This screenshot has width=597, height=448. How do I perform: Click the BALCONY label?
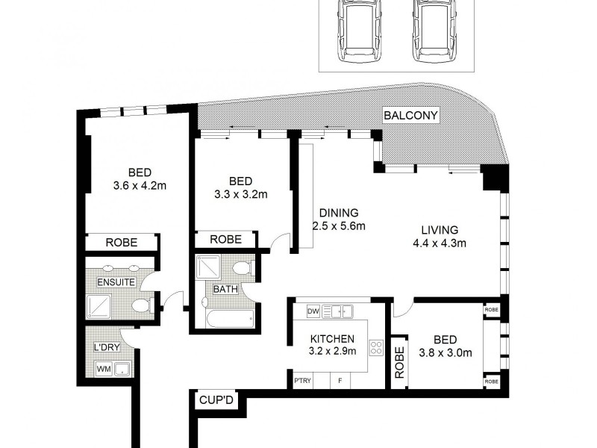[x=410, y=116]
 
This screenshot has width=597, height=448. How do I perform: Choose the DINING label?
[x=340, y=212]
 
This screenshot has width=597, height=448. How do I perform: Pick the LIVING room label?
[x=440, y=229]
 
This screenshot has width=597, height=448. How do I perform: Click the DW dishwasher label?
[x=313, y=310]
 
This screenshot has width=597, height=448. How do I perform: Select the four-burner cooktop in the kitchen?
[x=378, y=348]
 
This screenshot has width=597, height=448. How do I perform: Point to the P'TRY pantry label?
[x=302, y=382]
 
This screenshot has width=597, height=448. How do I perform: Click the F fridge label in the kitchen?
[x=340, y=382]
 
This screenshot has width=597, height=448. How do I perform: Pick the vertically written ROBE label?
[x=399, y=361]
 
